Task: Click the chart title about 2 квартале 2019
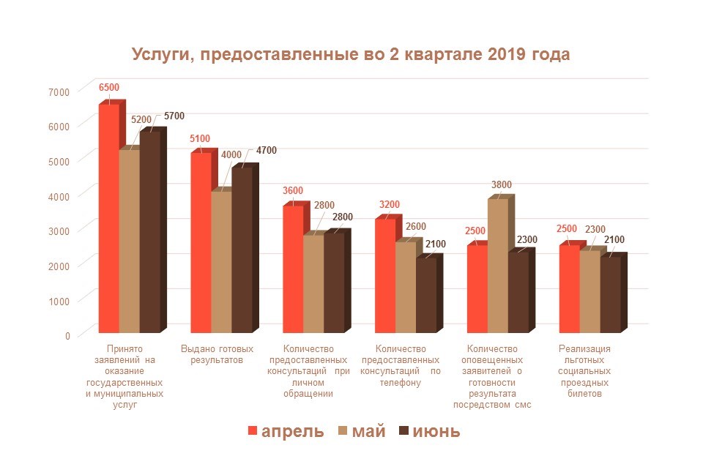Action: click(350, 56)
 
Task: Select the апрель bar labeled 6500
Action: click(108, 220)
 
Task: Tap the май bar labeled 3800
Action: click(497, 267)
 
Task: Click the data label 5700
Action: click(174, 116)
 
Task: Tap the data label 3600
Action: click(293, 191)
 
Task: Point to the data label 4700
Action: click(266, 151)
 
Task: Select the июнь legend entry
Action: click(429, 430)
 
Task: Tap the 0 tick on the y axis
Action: click(67, 335)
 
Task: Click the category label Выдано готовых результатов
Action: click(217, 354)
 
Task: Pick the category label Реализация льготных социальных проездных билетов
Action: click(584, 370)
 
